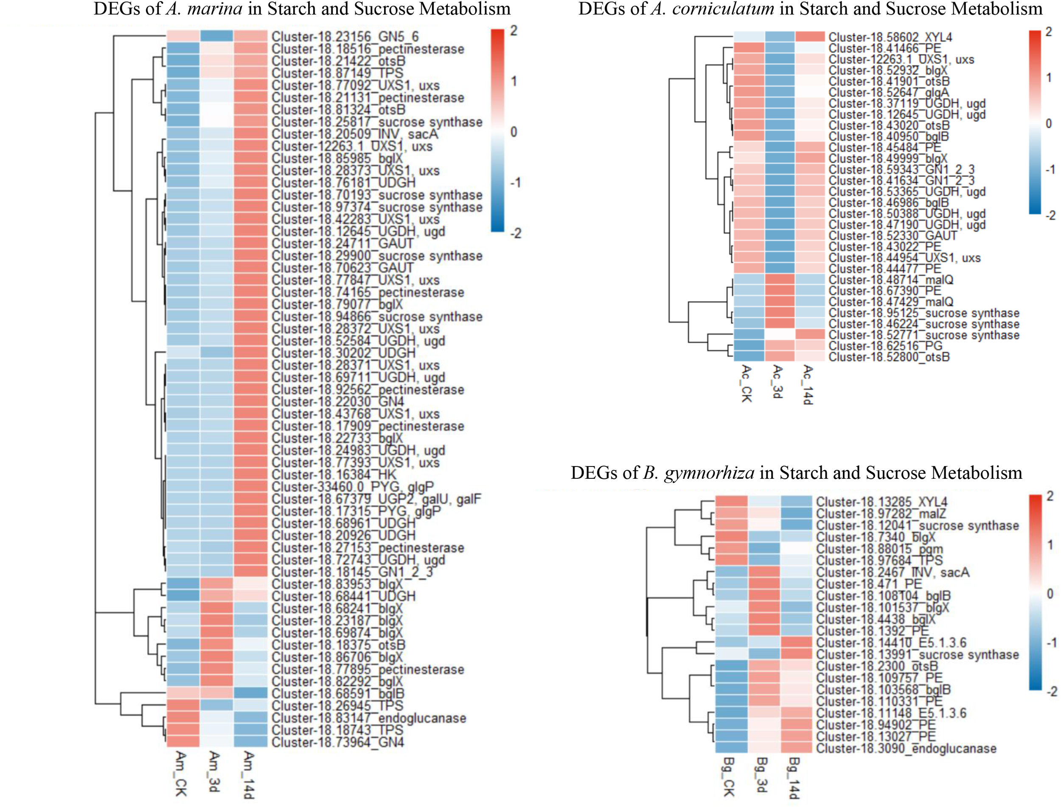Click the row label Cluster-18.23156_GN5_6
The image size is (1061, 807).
click(x=345, y=36)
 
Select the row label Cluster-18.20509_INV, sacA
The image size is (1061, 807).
click(x=355, y=134)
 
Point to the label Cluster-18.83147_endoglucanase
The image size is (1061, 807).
click(x=369, y=718)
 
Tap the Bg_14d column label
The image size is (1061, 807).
click(x=794, y=777)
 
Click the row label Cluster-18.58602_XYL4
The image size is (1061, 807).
click(x=890, y=37)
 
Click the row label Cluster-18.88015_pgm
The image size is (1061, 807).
click(x=879, y=549)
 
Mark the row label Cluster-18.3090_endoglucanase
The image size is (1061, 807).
click(x=906, y=748)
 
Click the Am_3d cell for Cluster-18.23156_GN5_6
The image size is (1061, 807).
click(x=216, y=36)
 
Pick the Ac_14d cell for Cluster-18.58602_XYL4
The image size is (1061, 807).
click(x=810, y=37)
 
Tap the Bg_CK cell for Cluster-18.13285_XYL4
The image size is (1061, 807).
click(x=731, y=502)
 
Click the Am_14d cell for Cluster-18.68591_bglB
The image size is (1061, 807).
click(x=250, y=693)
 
